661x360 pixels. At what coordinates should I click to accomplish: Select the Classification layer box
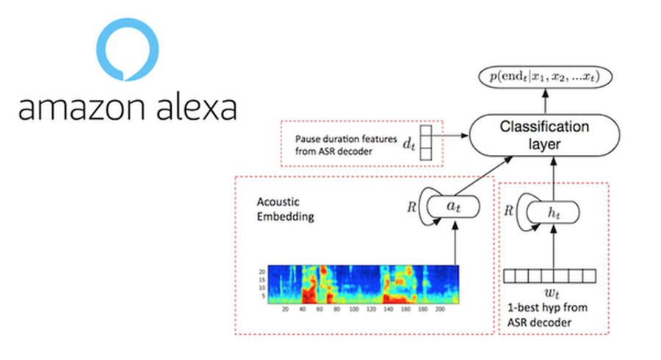tap(544, 135)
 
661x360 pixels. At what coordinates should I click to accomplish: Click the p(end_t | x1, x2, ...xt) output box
tap(545, 76)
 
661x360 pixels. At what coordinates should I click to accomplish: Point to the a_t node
tap(455, 208)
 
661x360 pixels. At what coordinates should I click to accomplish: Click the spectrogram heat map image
tap(363, 284)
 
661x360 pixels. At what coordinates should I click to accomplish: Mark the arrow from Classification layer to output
tap(544, 99)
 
